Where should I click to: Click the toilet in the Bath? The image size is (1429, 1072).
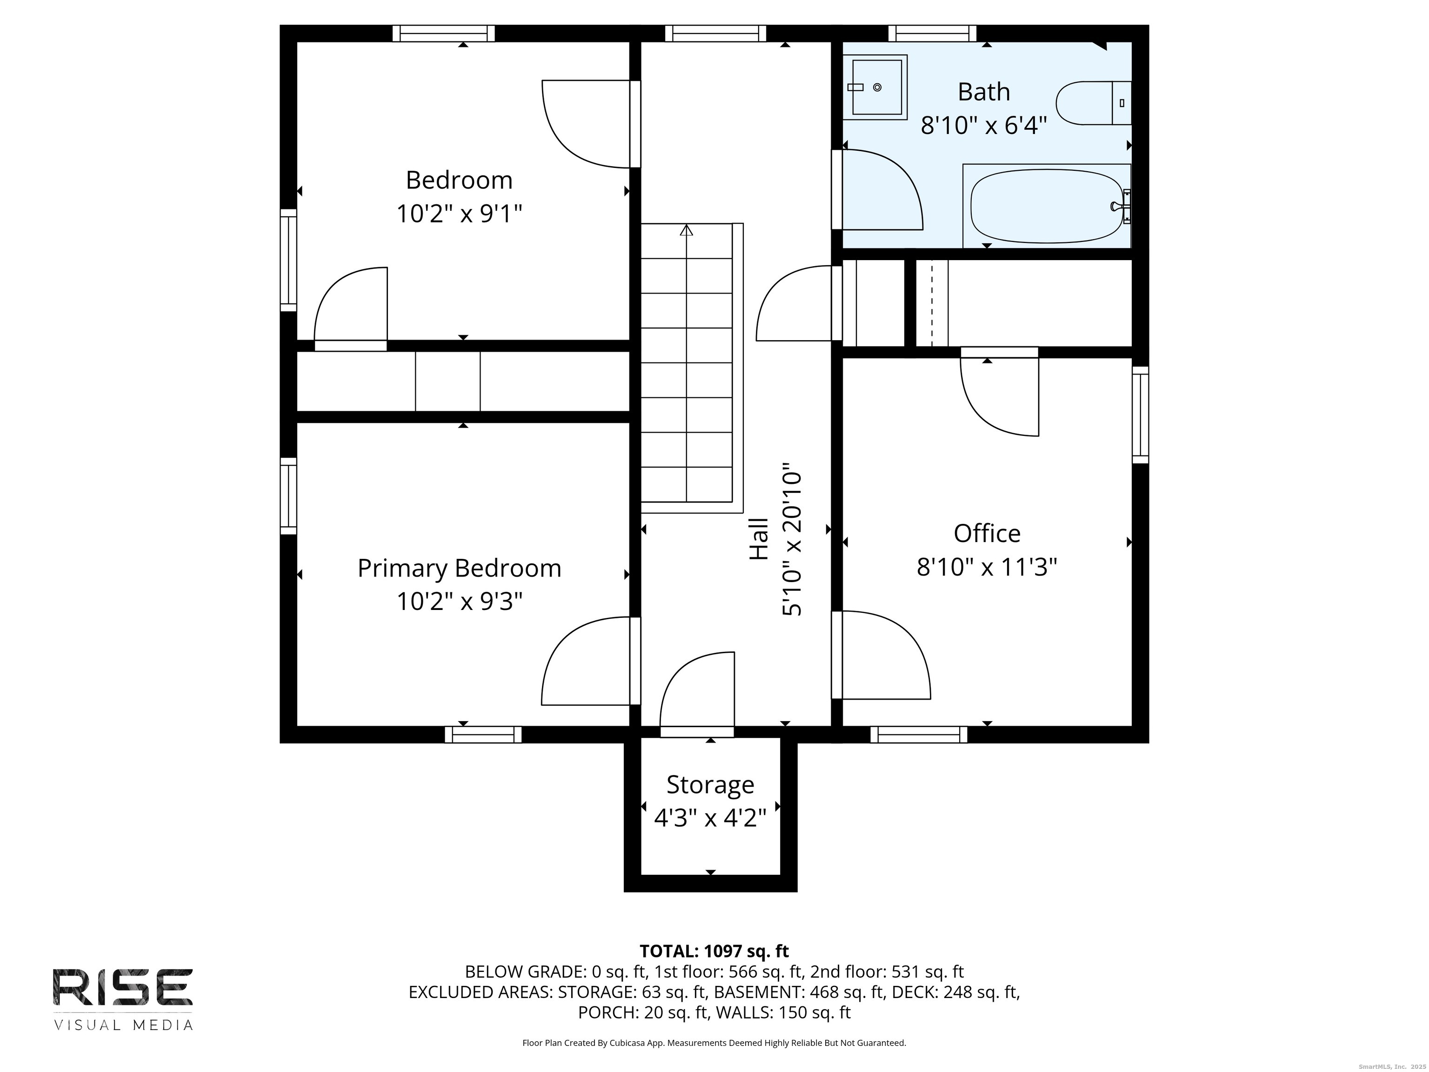(1093, 103)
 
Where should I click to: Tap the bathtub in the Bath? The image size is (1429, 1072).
(1047, 206)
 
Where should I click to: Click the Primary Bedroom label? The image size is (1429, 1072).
(459, 568)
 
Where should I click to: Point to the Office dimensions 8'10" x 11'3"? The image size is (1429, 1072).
(987, 567)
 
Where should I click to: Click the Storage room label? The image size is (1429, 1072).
(710, 784)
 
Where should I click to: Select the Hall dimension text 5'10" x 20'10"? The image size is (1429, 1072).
(792, 539)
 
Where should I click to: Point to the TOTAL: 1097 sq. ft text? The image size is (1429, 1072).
(714, 951)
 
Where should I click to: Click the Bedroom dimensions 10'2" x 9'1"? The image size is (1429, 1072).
(459, 213)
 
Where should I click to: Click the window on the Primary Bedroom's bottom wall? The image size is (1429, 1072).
(482, 735)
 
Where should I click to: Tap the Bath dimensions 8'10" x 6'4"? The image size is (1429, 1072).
(983, 125)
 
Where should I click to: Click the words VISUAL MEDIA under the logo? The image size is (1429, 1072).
(123, 1025)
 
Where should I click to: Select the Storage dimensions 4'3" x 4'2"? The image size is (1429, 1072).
(710, 819)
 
